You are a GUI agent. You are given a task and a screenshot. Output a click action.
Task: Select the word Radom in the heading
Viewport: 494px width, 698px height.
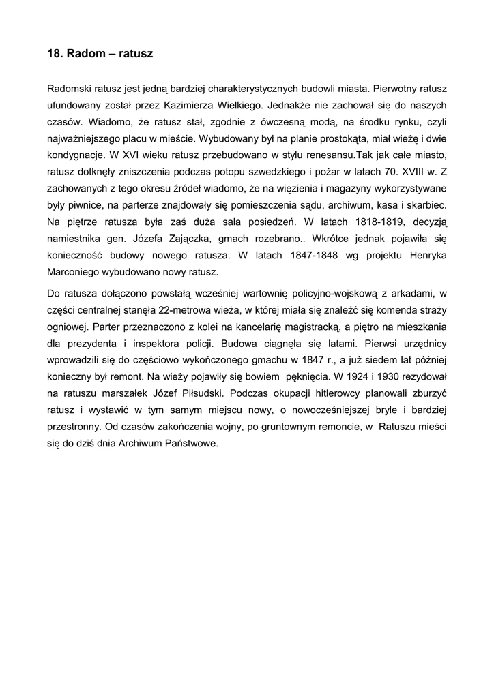(83, 53)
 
